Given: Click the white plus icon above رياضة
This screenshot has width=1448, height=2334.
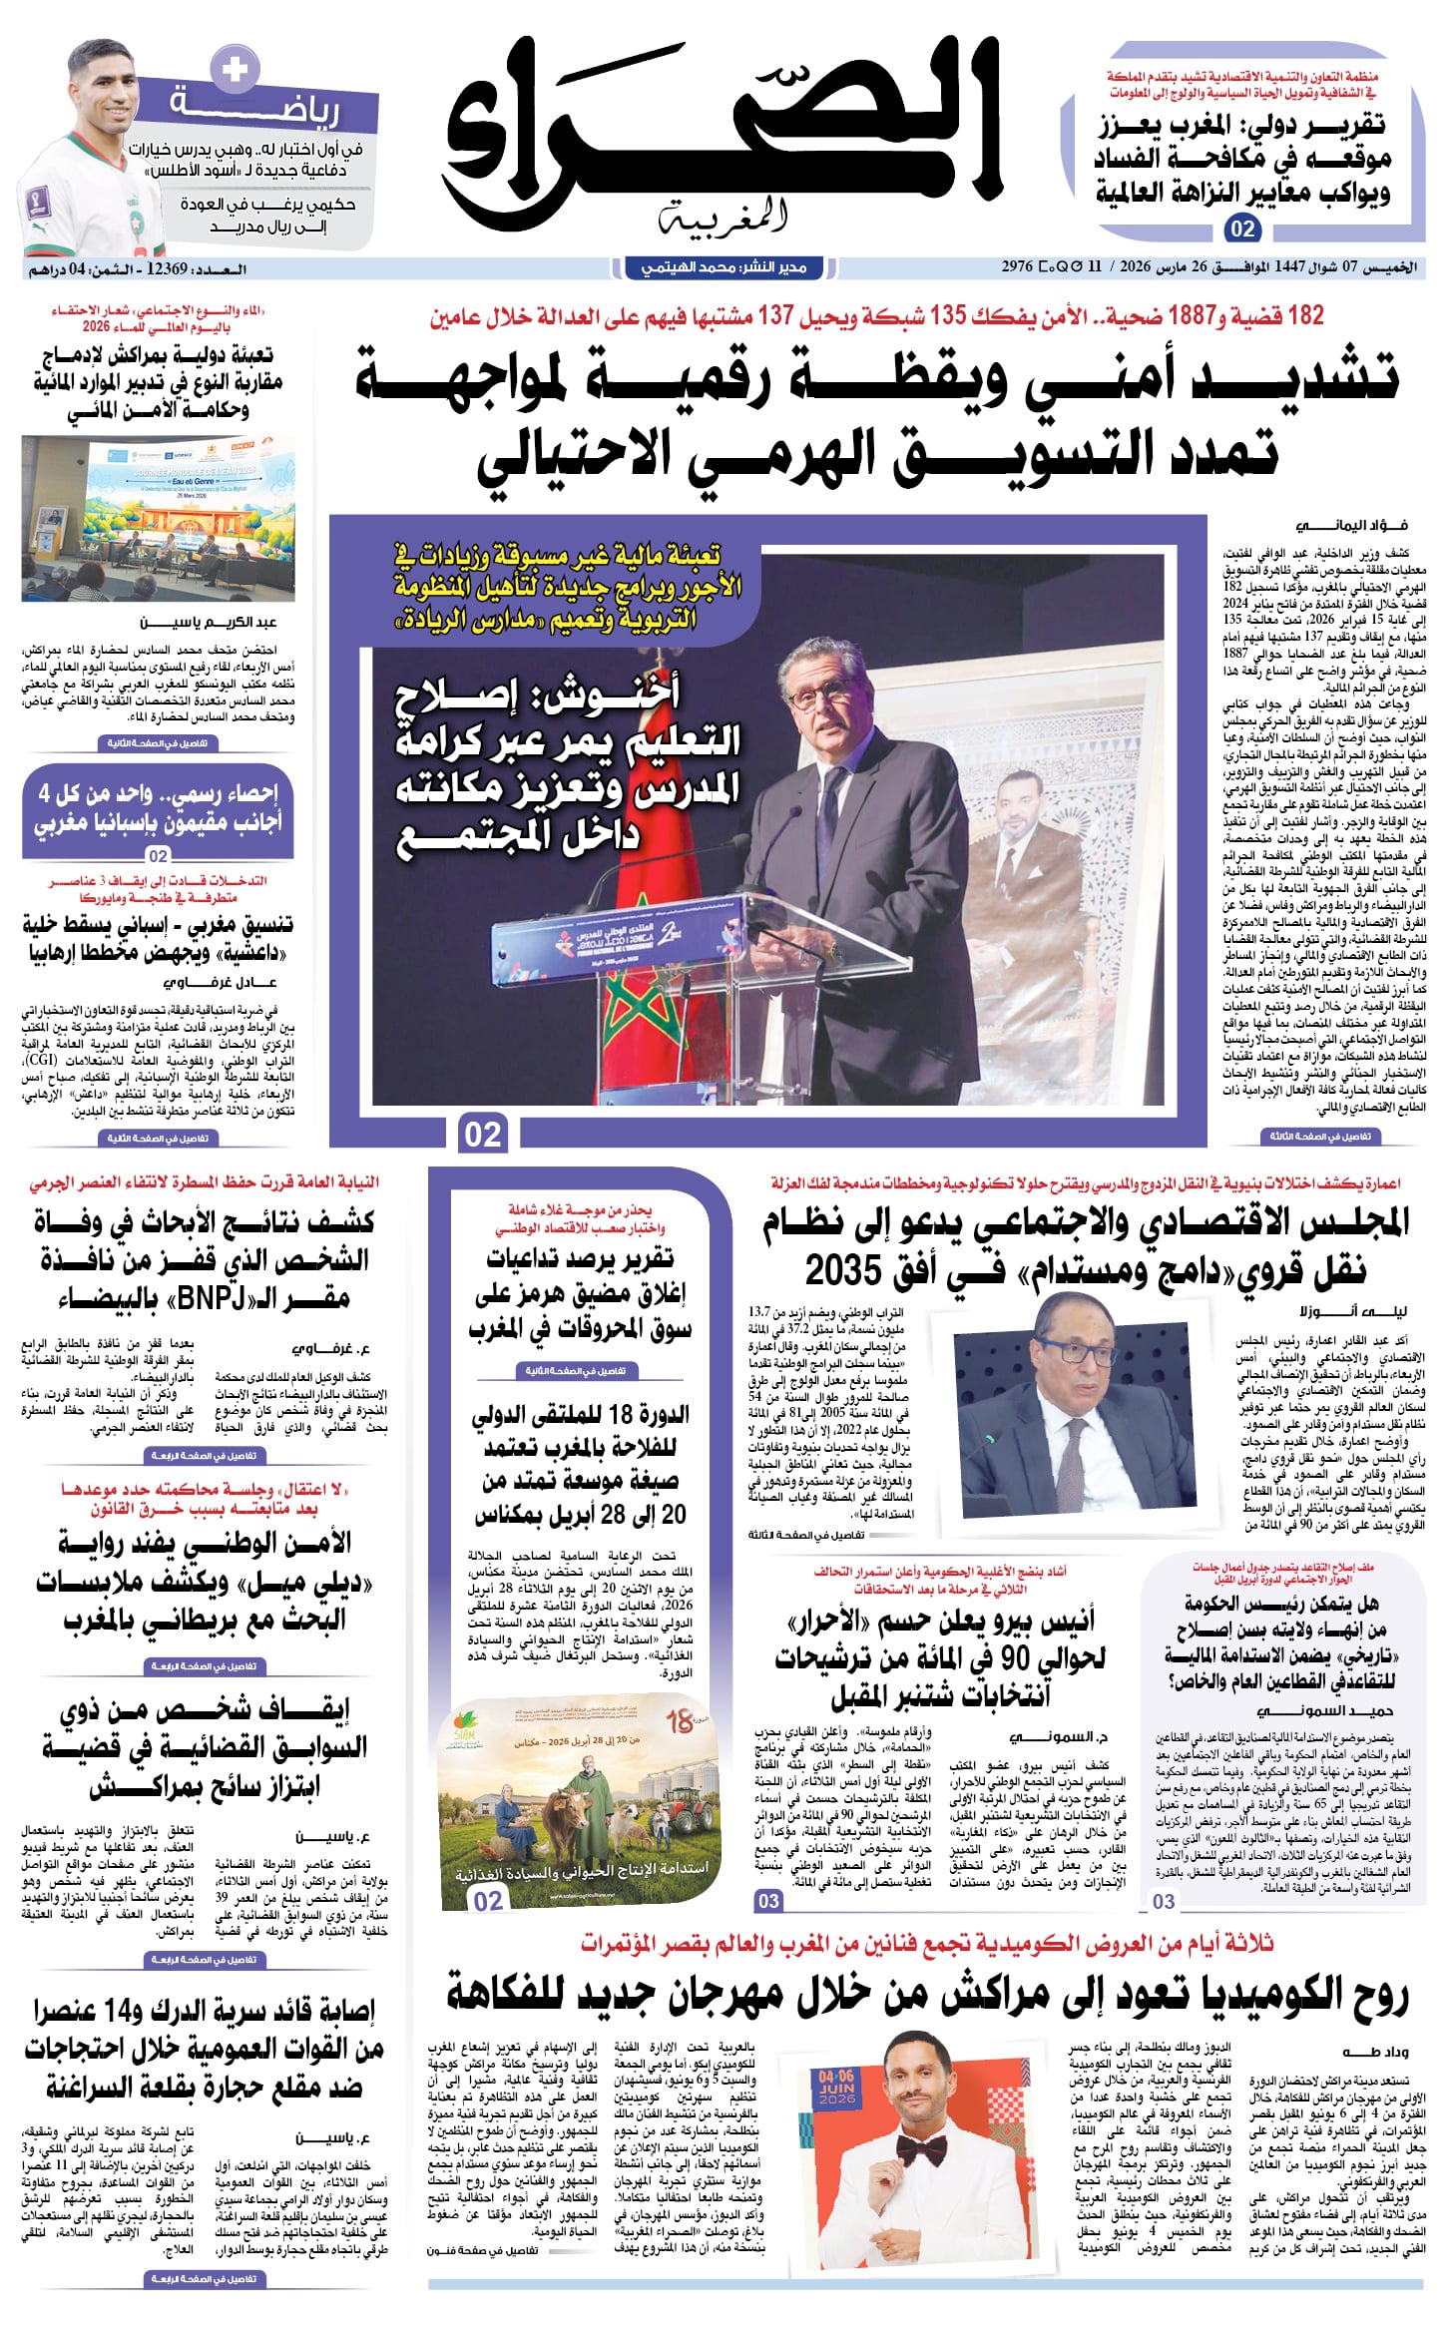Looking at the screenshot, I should click(236, 70).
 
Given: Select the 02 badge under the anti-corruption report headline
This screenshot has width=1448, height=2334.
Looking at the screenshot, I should click(1242, 230).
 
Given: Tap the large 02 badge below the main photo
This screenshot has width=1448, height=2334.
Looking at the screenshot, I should click(483, 1135).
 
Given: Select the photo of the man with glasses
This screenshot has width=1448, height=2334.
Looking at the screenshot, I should click(1074, 1400).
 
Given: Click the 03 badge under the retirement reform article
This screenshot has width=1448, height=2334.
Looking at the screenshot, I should click(1164, 1902).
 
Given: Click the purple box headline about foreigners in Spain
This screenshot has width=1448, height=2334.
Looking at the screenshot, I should click(159, 808).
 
